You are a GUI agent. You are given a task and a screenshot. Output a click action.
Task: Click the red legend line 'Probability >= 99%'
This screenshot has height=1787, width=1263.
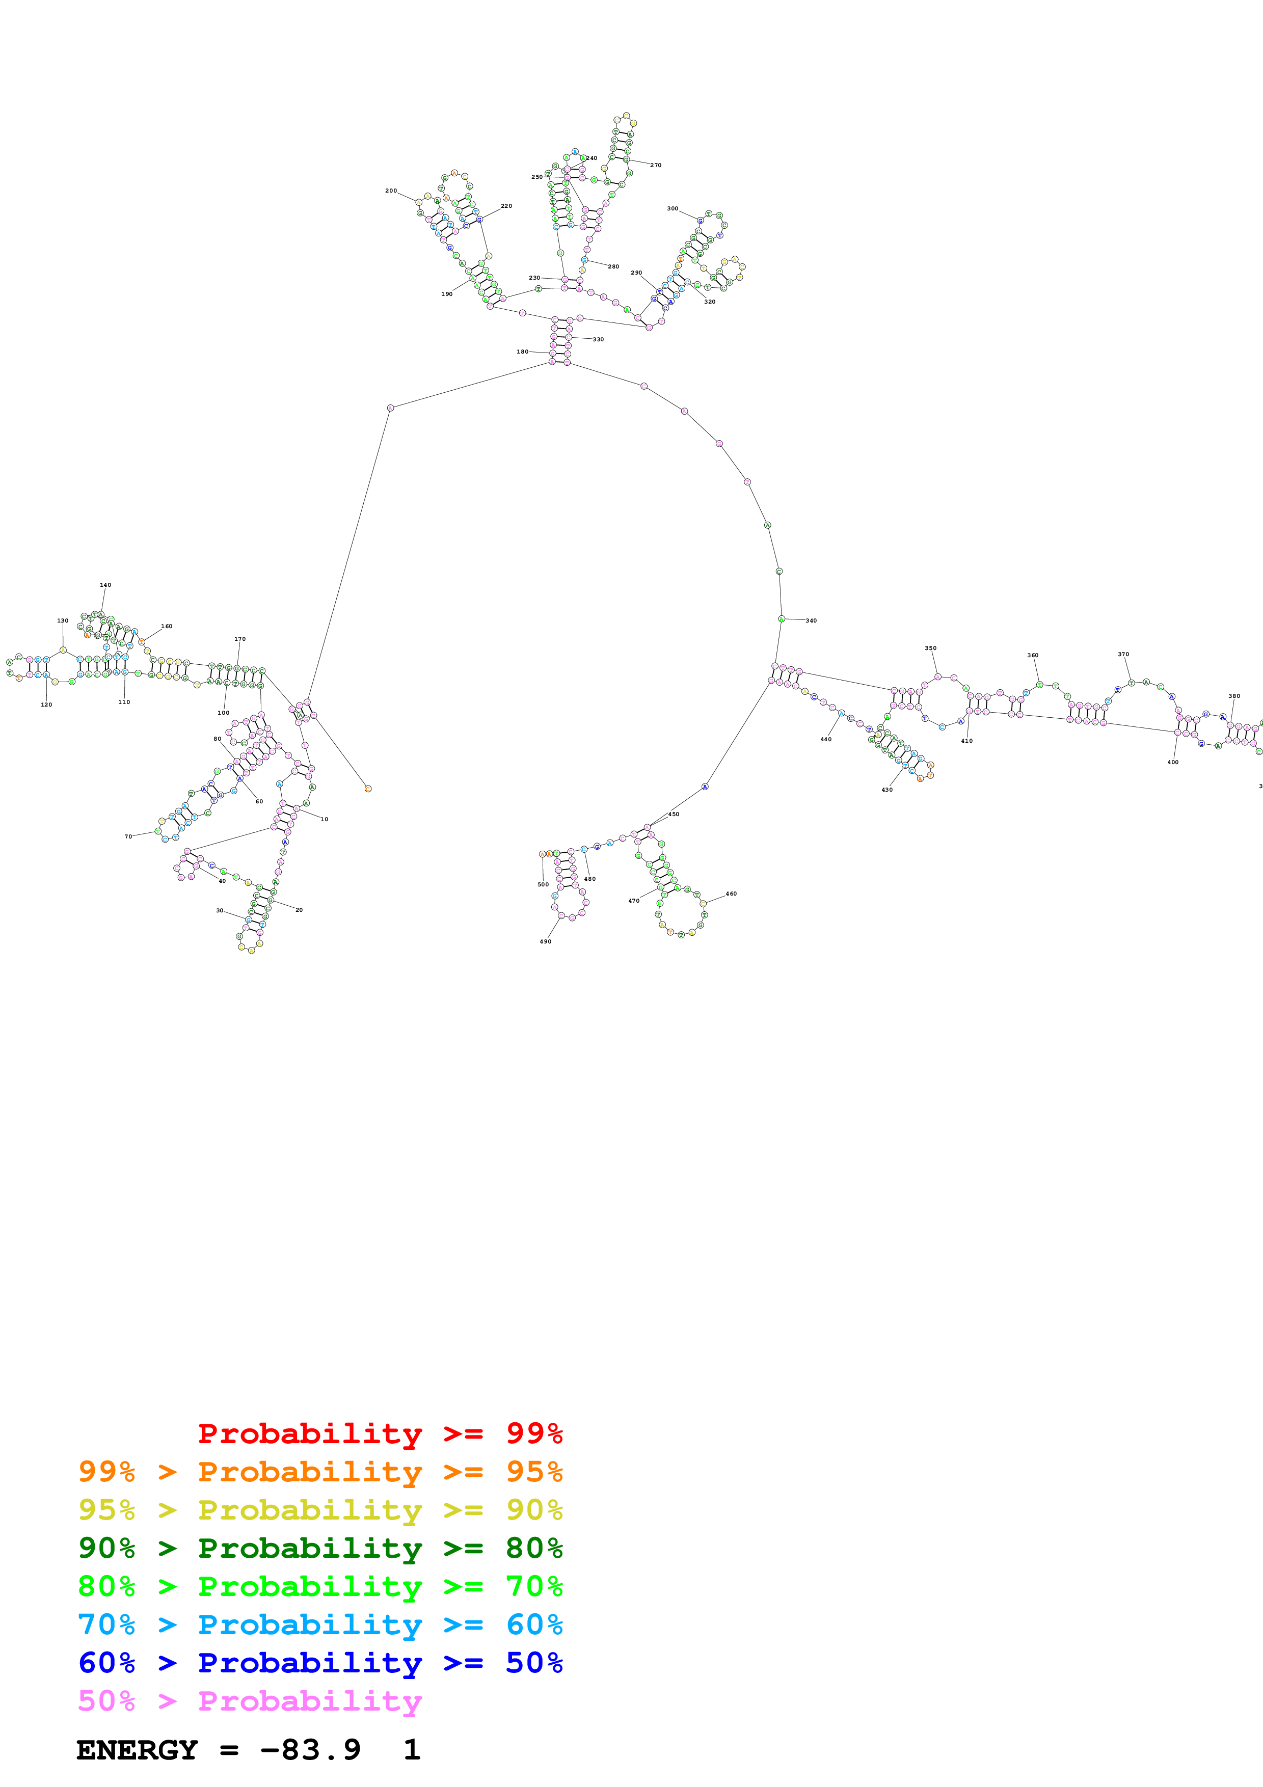tap(380, 1433)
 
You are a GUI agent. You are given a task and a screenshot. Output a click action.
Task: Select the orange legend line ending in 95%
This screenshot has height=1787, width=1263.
tap(320, 1471)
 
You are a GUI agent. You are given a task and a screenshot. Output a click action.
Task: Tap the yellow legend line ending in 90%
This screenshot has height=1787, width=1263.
tap(320, 1509)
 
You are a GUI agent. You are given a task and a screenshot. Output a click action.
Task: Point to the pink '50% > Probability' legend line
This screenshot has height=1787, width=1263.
tap(249, 1700)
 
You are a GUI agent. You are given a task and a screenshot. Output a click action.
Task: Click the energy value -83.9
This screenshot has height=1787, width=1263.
tap(310, 1750)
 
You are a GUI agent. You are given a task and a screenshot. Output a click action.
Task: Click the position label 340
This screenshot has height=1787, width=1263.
tap(811, 620)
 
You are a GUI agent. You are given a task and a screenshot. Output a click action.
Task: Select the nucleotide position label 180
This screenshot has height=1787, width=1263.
tap(522, 352)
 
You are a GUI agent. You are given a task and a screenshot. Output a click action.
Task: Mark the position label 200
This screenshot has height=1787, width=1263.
tap(391, 191)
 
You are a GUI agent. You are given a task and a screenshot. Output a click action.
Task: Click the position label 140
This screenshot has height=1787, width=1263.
tap(105, 584)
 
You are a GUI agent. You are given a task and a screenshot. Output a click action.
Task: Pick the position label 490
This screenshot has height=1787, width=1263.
tap(546, 941)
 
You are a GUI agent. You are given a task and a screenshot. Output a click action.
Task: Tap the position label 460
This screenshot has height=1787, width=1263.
tap(731, 893)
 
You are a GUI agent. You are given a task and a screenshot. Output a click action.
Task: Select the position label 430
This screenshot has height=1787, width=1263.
tap(886, 789)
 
